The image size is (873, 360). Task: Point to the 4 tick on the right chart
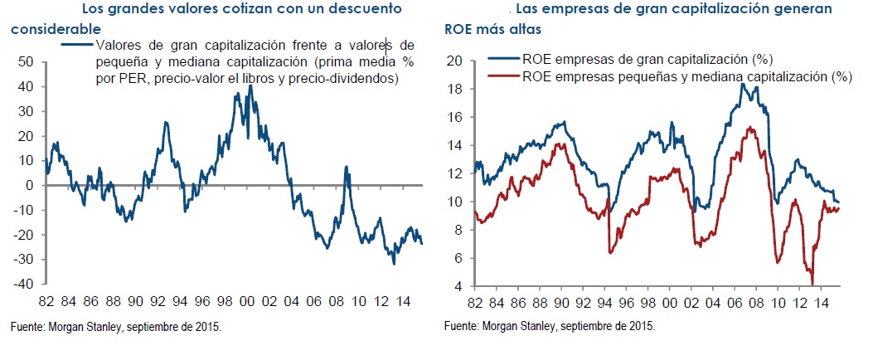(x=457, y=287)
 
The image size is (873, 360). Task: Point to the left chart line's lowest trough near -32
(x=393, y=264)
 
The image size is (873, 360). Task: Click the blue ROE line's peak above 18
(x=742, y=83)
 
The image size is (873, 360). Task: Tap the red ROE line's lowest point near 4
(x=812, y=283)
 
